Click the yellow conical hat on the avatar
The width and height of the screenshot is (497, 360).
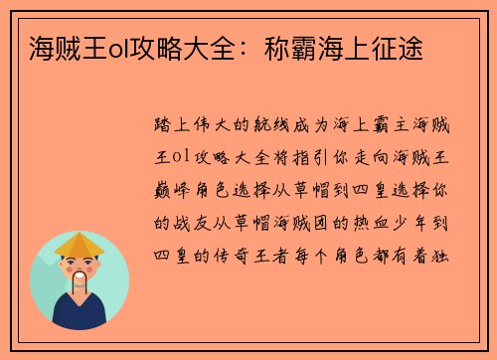80,244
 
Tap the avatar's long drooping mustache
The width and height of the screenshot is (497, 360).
80,282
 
